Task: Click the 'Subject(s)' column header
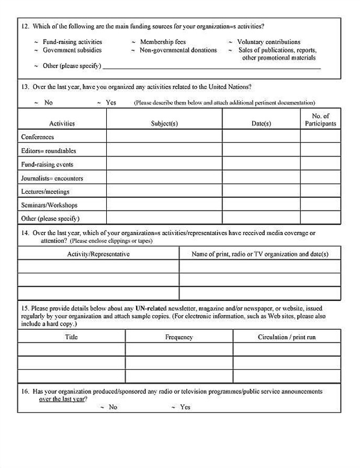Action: [x=164, y=124]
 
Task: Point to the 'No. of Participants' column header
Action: [x=320, y=120]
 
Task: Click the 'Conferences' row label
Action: [x=38, y=137]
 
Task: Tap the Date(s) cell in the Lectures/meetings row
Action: [x=261, y=192]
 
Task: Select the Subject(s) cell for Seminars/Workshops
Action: [x=164, y=205]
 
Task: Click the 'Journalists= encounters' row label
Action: [x=52, y=178]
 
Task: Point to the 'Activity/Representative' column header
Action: [x=98, y=254]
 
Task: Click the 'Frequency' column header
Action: [x=179, y=337]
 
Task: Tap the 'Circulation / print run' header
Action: [x=287, y=337]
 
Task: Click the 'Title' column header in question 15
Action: [x=71, y=337]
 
